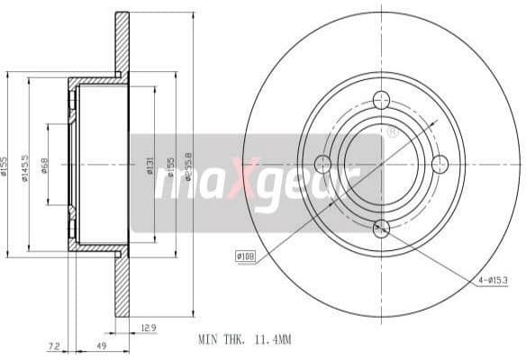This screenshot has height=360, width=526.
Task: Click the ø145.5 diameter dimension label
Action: [x=27, y=166]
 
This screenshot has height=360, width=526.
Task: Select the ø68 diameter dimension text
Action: [x=46, y=166]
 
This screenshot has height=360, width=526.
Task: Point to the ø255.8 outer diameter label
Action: [x=187, y=165]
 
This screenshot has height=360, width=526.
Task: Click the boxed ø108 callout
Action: [x=246, y=256]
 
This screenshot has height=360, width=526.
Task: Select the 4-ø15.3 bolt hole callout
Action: [x=494, y=281]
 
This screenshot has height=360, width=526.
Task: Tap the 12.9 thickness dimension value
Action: [x=150, y=327]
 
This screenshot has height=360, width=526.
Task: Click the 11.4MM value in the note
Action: [x=273, y=340]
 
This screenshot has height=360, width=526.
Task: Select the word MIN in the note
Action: [x=207, y=340]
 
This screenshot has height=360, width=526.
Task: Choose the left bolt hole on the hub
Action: [x=322, y=164]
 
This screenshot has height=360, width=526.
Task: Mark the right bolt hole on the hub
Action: [x=440, y=163]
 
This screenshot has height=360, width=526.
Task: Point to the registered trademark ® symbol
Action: [x=392, y=131]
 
